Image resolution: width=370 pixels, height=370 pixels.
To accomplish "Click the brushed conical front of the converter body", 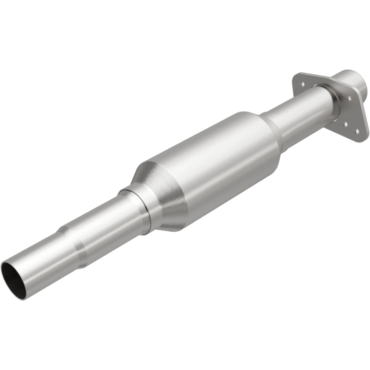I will coord(160,194).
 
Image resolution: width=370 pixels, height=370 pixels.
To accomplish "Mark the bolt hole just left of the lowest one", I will coord(345,123).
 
